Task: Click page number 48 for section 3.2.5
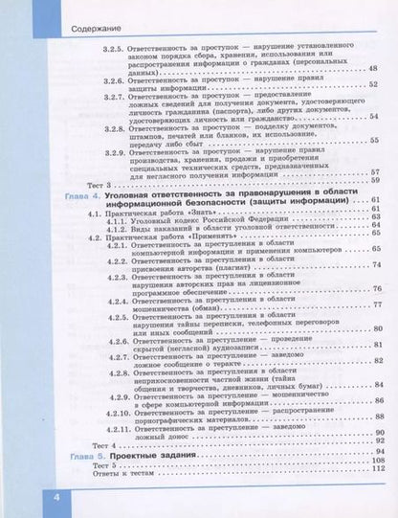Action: (373, 69)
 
